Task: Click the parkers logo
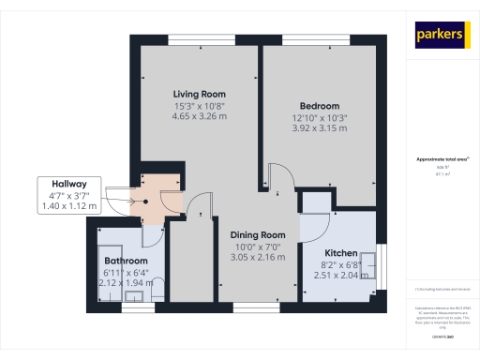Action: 440,35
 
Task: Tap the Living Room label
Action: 199,95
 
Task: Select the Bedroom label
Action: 319,106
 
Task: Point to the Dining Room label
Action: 258,234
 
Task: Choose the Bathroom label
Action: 126,261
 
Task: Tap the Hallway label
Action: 69,184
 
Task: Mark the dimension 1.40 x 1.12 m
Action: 69,205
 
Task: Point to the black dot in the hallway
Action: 145,199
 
